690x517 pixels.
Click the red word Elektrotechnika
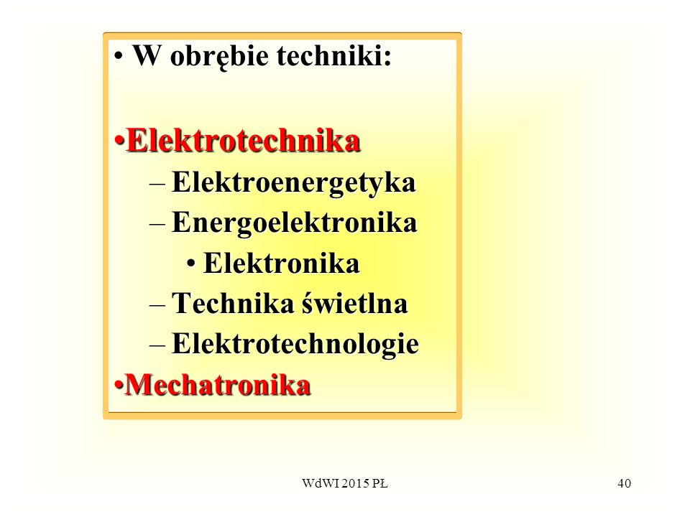pyautogui.click(x=244, y=141)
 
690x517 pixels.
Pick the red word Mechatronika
pyautogui.click(x=218, y=385)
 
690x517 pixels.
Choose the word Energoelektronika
pyautogui.click(x=295, y=223)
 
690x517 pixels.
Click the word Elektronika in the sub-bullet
pyautogui.click(x=282, y=264)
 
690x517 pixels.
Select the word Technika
pyautogui.click(x=233, y=303)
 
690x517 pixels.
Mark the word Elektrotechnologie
pyautogui.click(x=295, y=344)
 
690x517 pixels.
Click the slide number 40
pyautogui.click(x=624, y=483)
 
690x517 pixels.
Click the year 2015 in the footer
pyautogui.click(x=356, y=483)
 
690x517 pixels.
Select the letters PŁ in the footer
pyautogui.click(x=379, y=483)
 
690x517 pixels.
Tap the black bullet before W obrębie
pyautogui.click(x=118, y=56)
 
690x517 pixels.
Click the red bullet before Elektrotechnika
pyautogui.click(x=119, y=141)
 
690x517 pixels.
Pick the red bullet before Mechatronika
pyautogui.click(x=119, y=385)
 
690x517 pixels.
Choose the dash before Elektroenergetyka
pyautogui.click(x=157, y=185)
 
